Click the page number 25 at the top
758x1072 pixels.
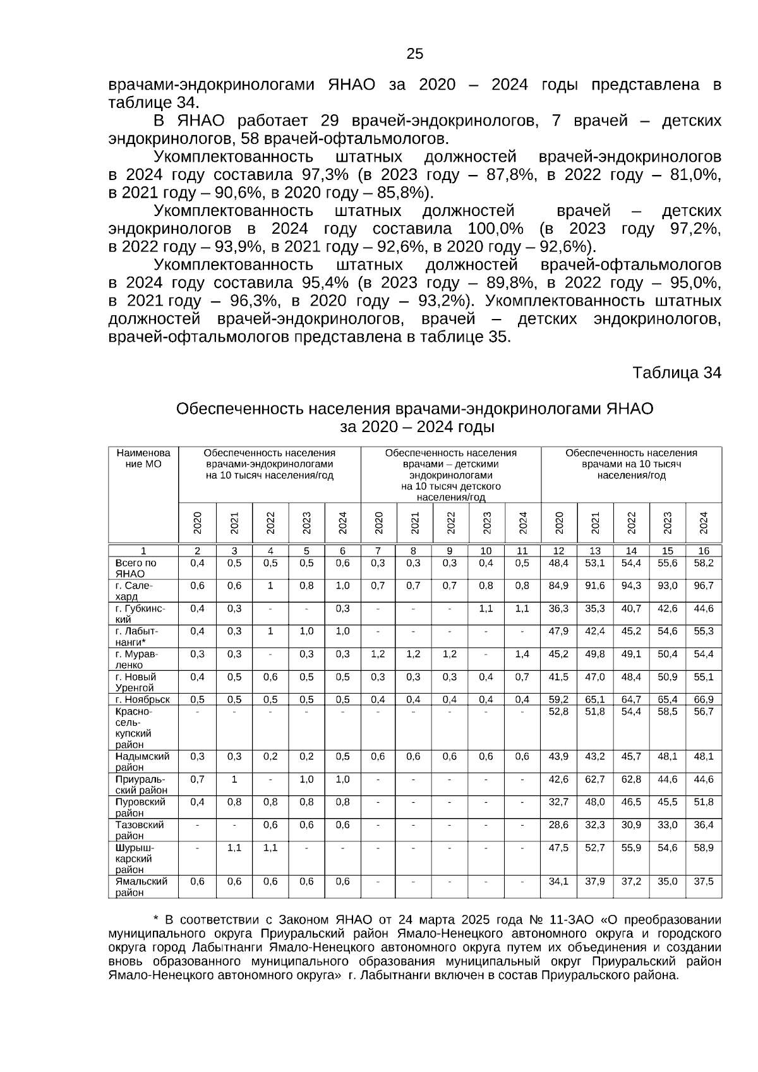click(415, 54)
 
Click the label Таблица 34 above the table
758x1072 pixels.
click(677, 373)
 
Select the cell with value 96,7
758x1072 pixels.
click(703, 586)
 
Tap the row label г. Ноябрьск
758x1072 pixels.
click(143, 699)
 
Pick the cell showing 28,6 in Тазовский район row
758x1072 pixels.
click(558, 824)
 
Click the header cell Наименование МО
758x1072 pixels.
click(143, 458)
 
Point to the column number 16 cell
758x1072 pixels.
click(704, 551)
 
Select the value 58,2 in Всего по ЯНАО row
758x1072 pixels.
click(703, 563)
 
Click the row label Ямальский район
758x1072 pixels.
click(141, 886)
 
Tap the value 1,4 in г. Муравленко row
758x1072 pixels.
click(522, 654)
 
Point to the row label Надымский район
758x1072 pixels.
click(141, 761)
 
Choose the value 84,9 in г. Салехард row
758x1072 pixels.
click(558, 586)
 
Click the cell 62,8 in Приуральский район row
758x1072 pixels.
click(631, 779)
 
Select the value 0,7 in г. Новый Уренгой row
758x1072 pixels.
click(522, 677)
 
